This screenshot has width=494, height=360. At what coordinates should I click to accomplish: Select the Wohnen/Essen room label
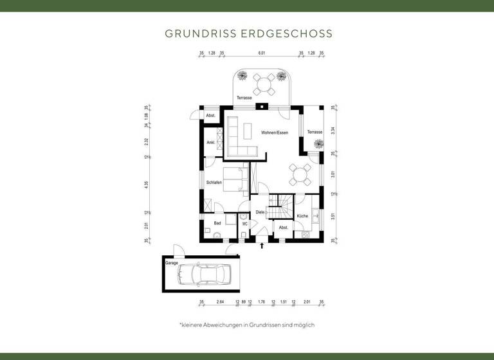click(x=274, y=132)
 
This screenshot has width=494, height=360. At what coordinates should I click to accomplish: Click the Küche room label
click(x=302, y=217)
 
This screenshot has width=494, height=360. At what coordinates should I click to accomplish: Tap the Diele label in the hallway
click(x=260, y=212)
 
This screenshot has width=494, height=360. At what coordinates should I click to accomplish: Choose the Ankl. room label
click(x=210, y=143)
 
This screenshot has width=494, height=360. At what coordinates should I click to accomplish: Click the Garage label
click(x=171, y=263)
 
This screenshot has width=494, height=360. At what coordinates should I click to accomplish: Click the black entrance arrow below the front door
click(x=261, y=245)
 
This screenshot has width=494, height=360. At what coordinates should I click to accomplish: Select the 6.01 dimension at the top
click(x=262, y=54)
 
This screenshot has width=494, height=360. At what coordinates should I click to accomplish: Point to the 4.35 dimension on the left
click(x=147, y=184)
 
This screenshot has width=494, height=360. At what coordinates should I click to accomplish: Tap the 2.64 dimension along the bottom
click(x=219, y=301)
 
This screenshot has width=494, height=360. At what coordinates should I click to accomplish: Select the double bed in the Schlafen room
click(x=233, y=179)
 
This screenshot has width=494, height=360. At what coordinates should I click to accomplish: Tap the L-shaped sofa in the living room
click(x=239, y=138)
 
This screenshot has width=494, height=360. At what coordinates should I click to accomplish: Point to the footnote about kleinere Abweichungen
click(x=247, y=325)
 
